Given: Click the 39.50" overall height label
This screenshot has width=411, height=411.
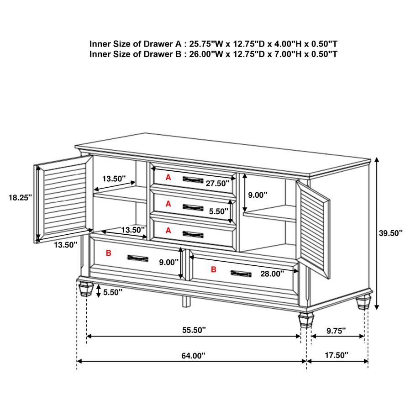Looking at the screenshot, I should click(390, 233).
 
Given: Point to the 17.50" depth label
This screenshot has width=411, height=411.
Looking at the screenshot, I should click(337, 355).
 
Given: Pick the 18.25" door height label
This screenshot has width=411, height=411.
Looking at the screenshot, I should click(19, 198).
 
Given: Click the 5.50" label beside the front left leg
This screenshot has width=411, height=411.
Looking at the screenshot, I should click(113, 292).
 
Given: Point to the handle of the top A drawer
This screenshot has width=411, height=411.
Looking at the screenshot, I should click(193, 179).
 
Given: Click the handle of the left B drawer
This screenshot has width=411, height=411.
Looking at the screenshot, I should click(137, 258).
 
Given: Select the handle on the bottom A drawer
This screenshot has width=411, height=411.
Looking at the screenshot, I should click(193, 234).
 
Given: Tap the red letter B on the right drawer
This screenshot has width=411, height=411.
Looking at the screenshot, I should click(213, 269).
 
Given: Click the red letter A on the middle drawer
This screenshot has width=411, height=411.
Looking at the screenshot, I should click(168, 204).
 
